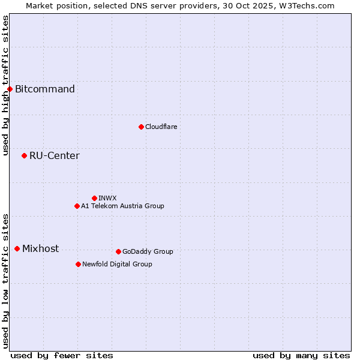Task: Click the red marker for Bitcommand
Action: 10,89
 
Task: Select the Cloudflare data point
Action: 141,127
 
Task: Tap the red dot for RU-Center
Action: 24,156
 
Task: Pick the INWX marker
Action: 94,198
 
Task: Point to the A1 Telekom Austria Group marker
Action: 77,206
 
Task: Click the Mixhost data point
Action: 17,248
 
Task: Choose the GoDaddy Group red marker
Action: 118,251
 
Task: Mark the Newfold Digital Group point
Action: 78,264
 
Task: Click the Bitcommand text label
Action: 45,89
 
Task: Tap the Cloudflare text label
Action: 161,127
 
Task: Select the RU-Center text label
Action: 55,156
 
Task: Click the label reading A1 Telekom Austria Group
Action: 122,206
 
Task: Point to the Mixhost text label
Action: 40,249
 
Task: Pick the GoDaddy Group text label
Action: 148,251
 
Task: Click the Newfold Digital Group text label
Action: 117,264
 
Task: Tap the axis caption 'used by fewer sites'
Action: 62,355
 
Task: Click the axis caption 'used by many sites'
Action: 301,355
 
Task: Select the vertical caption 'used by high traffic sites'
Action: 5,85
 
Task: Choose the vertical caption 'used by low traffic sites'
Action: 5,280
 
